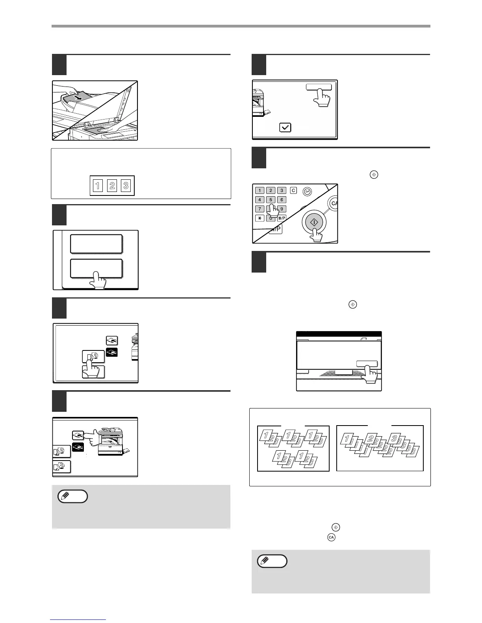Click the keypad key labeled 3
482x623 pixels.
coord(282,190)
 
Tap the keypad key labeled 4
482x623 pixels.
coord(260,200)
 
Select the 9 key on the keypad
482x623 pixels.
coord(282,209)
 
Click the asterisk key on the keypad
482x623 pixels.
coord(260,218)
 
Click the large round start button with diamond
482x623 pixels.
coord(314,222)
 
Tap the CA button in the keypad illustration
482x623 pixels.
coord(334,203)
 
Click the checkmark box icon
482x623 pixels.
coord(285,127)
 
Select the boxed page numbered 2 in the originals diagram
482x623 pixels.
coord(112,186)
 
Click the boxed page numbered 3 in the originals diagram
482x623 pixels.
coord(126,186)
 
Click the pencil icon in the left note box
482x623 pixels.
coord(72,497)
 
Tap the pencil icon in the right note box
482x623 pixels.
coord(272,561)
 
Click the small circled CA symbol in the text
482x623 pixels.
coord(331,537)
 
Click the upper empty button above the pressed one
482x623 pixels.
coord(96,244)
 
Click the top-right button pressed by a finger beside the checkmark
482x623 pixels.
coord(319,87)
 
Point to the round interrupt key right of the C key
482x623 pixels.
coord(307,192)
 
